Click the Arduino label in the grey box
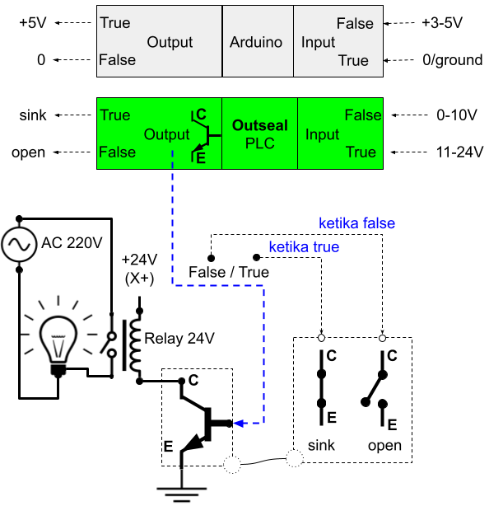pos(256,42)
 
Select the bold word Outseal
pos(260,125)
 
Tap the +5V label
pos(33,23)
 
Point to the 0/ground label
pos(453,60)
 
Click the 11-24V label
pos(459,152)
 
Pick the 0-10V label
pos(457,115)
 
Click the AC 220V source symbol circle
pos(19,244)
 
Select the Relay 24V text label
pos(179,339)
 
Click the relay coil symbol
pos(135,345)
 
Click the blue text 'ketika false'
pos(356,223)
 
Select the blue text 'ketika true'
pos(304,247)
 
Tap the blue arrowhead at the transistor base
pos(238,423)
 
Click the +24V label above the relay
pos(139,260)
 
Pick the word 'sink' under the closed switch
pos(321,445)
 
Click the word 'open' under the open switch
pos(384,446)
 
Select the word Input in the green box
pos(322,134)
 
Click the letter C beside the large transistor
pos(193,380)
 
